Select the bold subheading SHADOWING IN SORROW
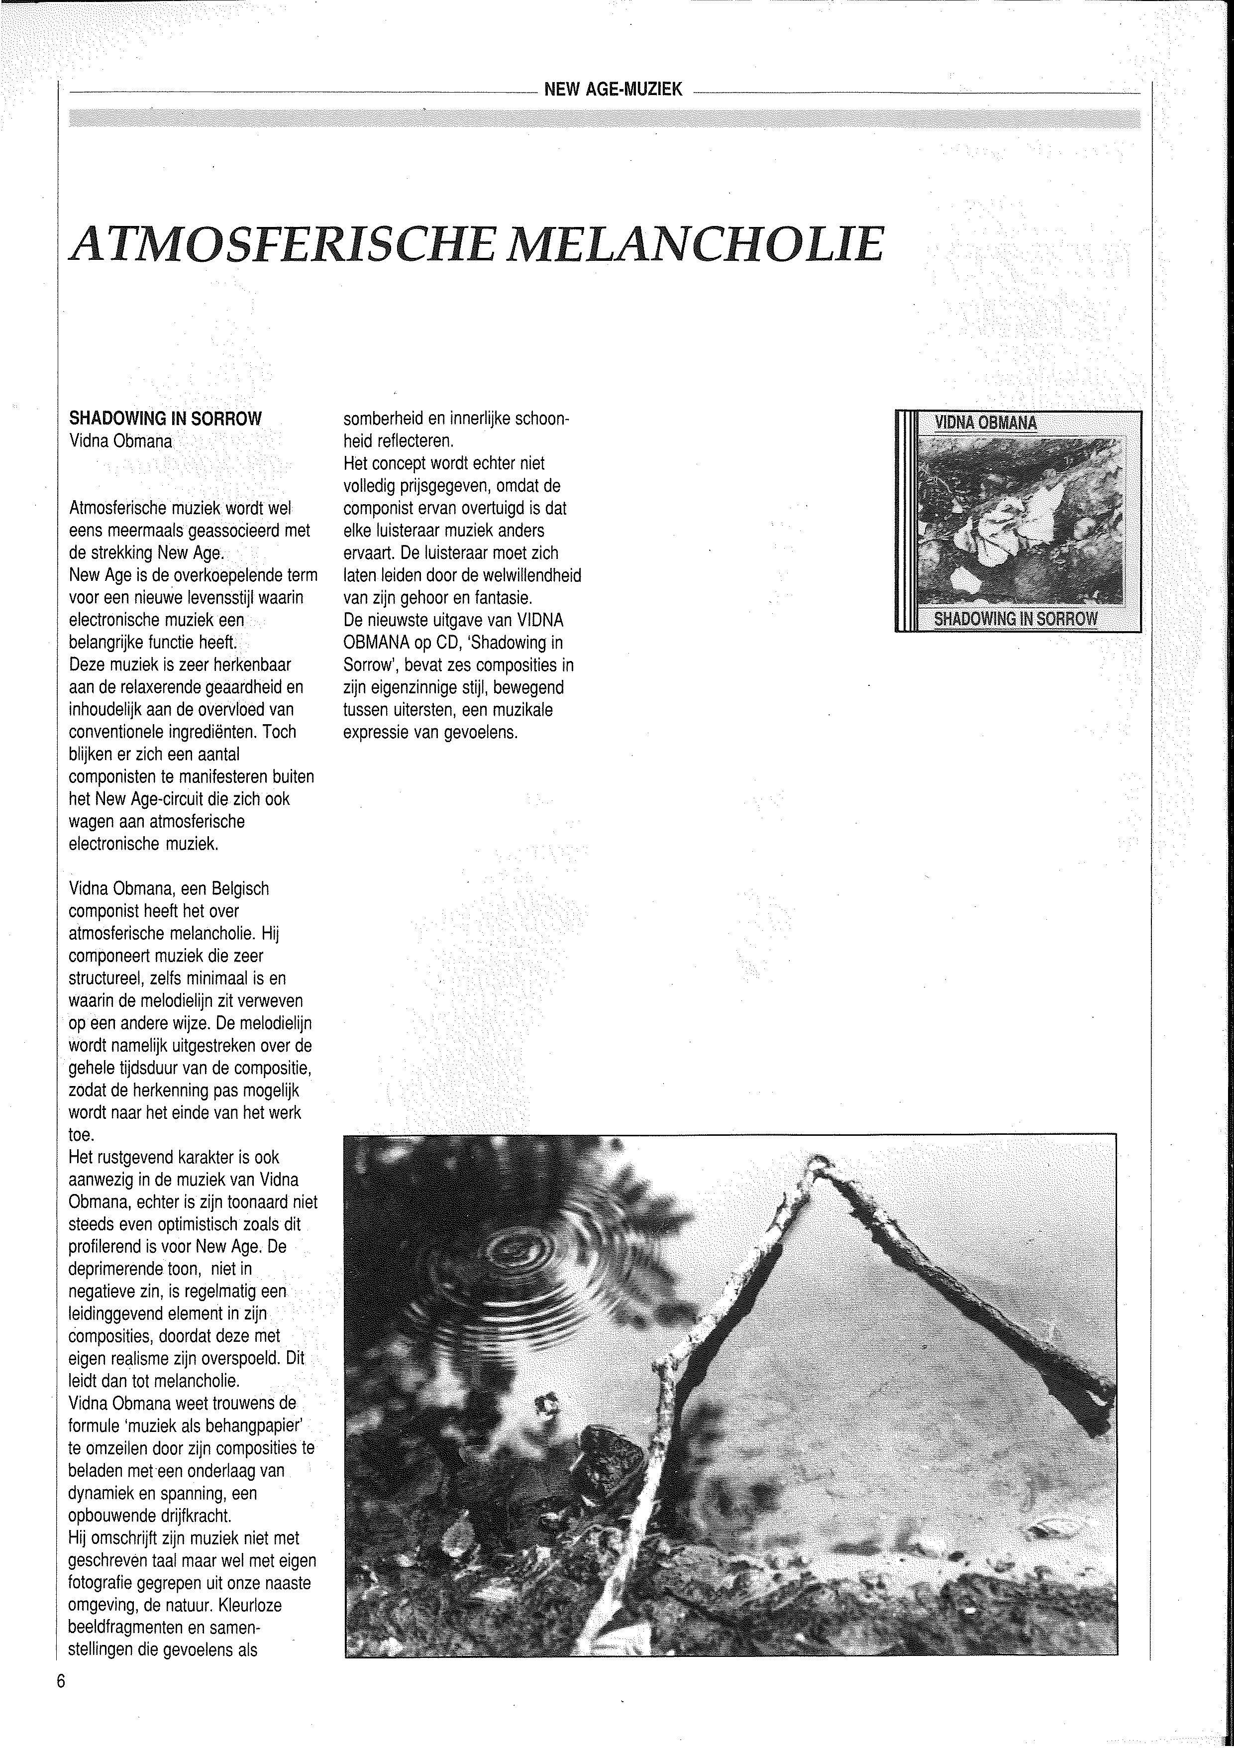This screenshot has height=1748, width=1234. tap(165, 418)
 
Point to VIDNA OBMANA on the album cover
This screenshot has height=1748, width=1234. tap(986, 423)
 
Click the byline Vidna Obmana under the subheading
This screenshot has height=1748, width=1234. tap(120, 441)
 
